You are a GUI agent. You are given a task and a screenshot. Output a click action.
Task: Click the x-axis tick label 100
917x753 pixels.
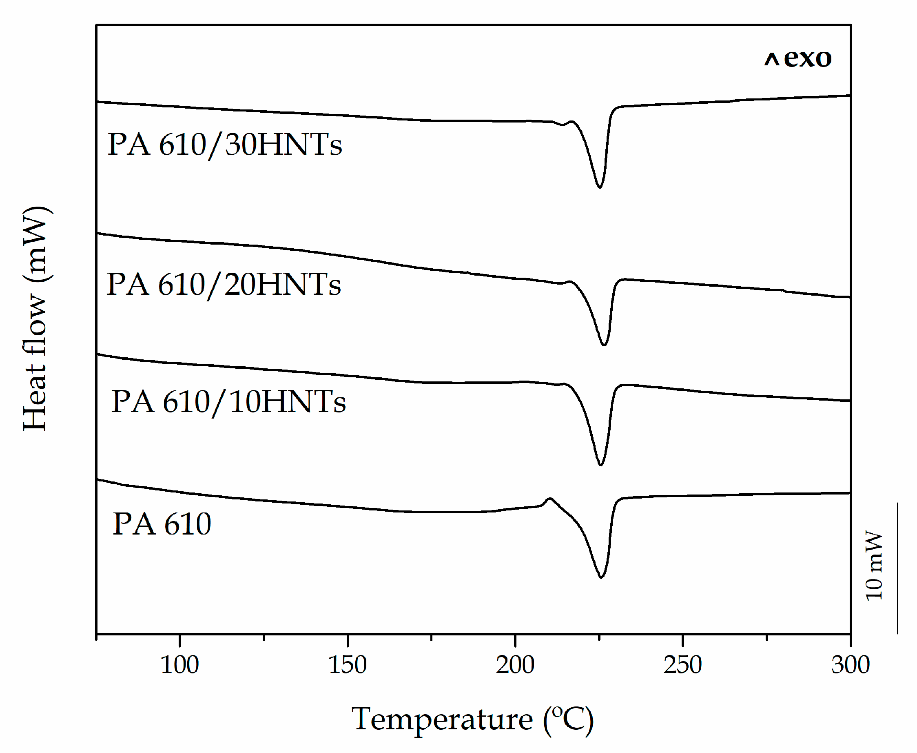coord(179,665)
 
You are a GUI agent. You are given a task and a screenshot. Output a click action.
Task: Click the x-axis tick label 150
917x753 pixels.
coord(347,665)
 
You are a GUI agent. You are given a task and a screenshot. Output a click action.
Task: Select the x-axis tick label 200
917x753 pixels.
coord(515,665)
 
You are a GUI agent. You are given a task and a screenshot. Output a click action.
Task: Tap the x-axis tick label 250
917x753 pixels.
coord(682,665)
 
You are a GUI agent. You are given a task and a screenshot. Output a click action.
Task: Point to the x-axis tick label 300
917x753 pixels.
coord(850,665)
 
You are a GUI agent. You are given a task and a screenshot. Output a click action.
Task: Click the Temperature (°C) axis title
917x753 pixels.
coord(472,720)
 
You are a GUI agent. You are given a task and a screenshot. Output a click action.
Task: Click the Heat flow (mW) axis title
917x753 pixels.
coord(35,319)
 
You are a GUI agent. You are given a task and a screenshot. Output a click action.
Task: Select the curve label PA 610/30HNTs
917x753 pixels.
coord(224,145)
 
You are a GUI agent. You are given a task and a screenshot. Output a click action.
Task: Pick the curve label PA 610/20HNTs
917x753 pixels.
coord(224,285)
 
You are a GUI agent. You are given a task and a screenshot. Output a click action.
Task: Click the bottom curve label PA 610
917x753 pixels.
coord(162,524)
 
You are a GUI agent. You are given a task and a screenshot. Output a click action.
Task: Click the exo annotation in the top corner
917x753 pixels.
coord(807,58)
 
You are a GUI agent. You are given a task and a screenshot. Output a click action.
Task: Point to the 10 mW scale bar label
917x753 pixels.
coord(874,566)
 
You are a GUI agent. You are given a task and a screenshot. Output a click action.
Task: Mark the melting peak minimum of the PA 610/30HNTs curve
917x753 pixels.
coord(600,187)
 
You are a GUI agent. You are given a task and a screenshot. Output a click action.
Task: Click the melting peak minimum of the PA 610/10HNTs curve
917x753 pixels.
coord(600,465)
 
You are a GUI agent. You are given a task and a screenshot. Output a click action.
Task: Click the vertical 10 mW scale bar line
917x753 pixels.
coord(897,568)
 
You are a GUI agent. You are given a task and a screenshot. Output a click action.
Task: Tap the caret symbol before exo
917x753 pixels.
coord(771,60)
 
